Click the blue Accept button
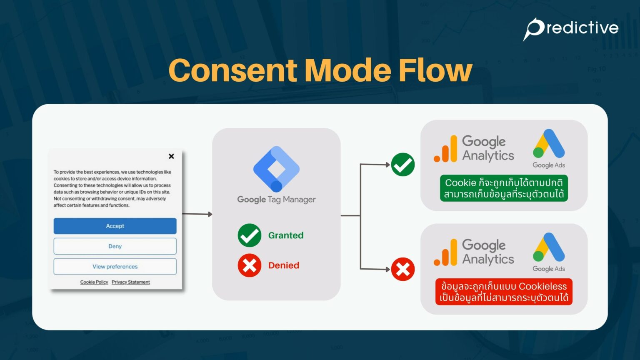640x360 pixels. (115, 226)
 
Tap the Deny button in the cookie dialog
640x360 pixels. (115, 246)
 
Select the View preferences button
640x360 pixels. (115, 267)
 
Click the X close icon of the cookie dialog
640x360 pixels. (171, 156)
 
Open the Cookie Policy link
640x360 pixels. (94, 282)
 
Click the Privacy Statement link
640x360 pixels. (131, 282)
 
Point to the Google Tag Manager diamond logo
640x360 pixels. (276, 169)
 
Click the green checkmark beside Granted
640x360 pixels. (250, 235)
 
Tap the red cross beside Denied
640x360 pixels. (250, 265)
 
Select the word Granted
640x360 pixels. (286, 235)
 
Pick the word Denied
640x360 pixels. (284, 265)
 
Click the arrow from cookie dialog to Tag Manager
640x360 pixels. (197, 214)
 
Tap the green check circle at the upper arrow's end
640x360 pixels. (403, 165)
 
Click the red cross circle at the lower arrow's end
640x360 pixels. (403, 269)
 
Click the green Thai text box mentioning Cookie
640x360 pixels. (504, 188)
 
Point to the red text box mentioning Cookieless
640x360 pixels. (504, 292)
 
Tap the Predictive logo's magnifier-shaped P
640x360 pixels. (534, 29)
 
